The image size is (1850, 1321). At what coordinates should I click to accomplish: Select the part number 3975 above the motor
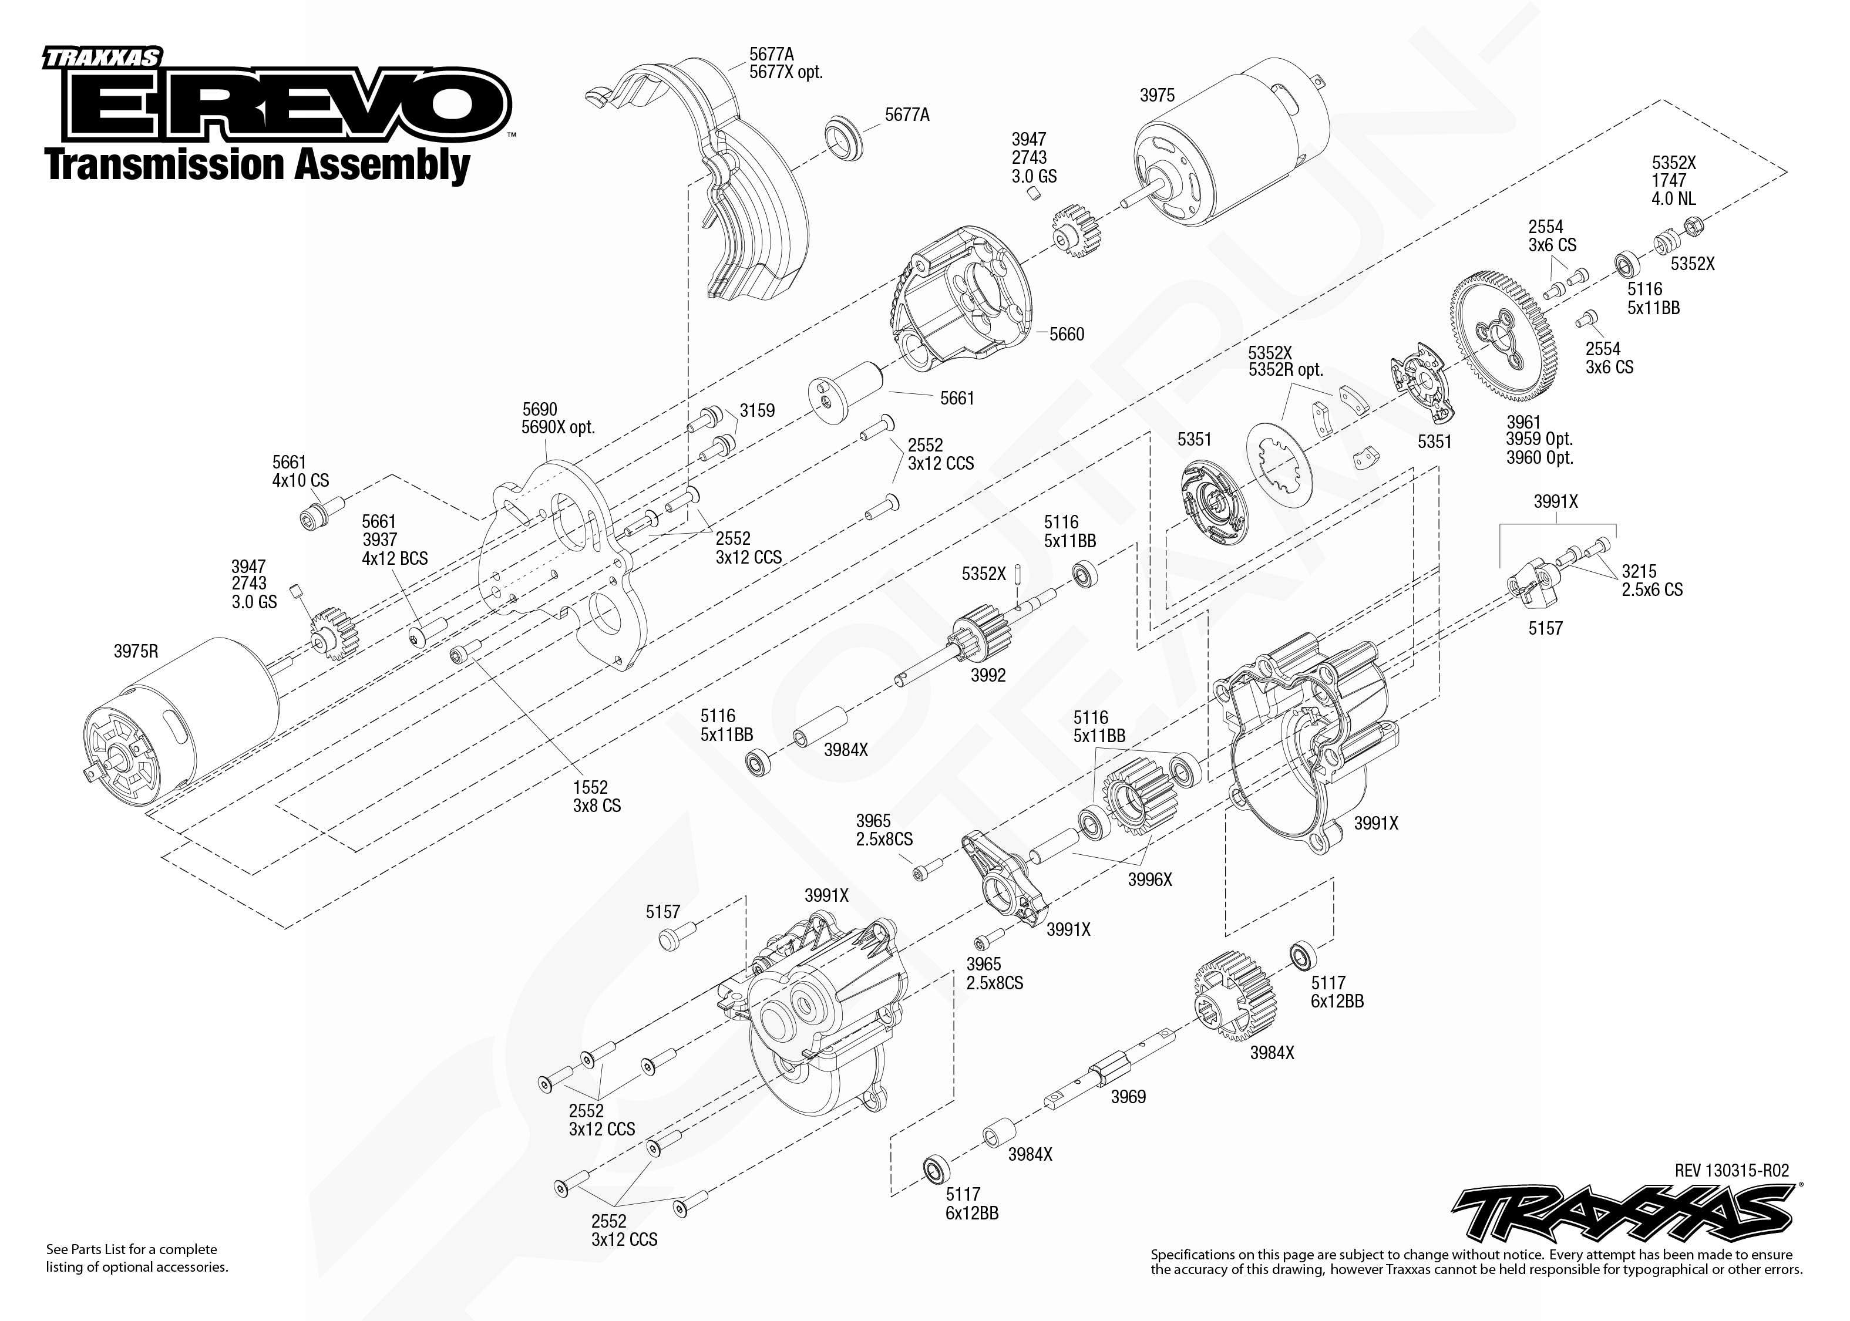[x=1157, y=96]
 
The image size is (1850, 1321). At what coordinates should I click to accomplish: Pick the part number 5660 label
[x=1067, y=334]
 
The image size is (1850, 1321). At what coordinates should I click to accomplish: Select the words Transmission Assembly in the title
[x=258, y=165]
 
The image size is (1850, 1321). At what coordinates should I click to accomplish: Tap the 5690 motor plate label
[x=540, y=409]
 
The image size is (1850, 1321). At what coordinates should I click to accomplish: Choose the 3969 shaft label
[x=1128, y=1097]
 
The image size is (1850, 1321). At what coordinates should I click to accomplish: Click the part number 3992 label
[x=988, y=675]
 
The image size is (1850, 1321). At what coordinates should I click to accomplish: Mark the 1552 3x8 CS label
[x=596, y=796]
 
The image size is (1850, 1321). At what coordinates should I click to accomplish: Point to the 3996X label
[x=1149, y=879]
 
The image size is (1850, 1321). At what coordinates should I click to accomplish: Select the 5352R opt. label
[x=1286, y=370]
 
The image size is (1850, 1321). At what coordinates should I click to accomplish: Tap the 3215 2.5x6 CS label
[x=1651, y=581]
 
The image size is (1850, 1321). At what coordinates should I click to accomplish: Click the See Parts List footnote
[x=137, y=1258]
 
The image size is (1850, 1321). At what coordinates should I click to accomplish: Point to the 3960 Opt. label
[x=1539, y=458]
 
